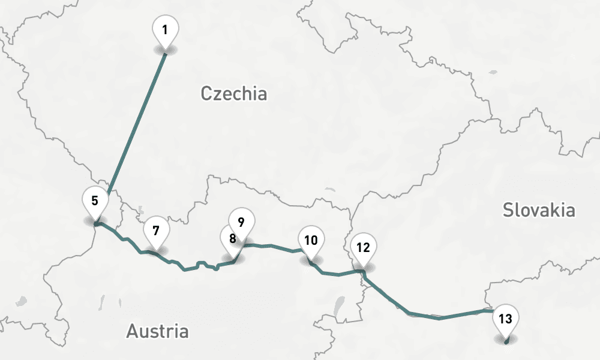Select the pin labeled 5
pyautogui.click(x=95, y=200)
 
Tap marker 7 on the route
pyautogui.click(x=156, y=230)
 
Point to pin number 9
pyautogui.click(x=241, y=222)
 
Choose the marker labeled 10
pyautogui.click(x=311, y=241)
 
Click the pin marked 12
pyautogui.click(x=363, y=247)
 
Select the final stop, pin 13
pyautogui.click(x=506, y=319)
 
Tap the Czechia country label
pyautogui.click(x=233, y=94)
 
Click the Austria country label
pyautogui.click(x=157, y=331)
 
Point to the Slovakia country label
pyautogui.click(x=539, y=210)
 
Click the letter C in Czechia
pyautogui.click(x=206, y=94)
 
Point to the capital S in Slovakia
pyautogui.click(x=508, y=210)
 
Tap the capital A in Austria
pyautogui.click(x=133, y=331)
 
